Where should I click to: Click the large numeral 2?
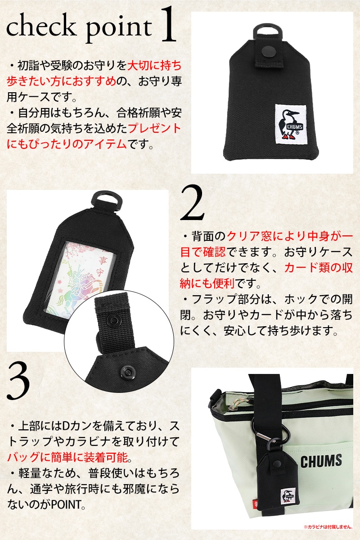tap(193, 203)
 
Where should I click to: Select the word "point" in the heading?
tap(119, 29)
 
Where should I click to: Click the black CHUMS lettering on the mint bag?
tap(321, 461)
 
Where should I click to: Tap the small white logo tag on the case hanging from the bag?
tap(288, 495)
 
